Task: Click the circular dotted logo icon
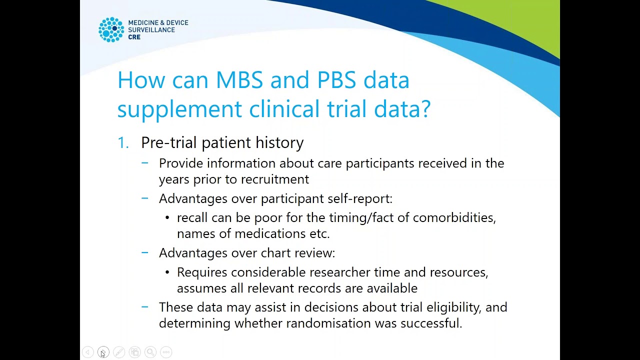click(111, 30)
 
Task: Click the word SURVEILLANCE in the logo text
click(151, 30)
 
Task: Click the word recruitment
click(274, 179)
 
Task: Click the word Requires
click(202, 272)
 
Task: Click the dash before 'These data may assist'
click(145, 307)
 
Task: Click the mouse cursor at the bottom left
click(102, 354)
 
